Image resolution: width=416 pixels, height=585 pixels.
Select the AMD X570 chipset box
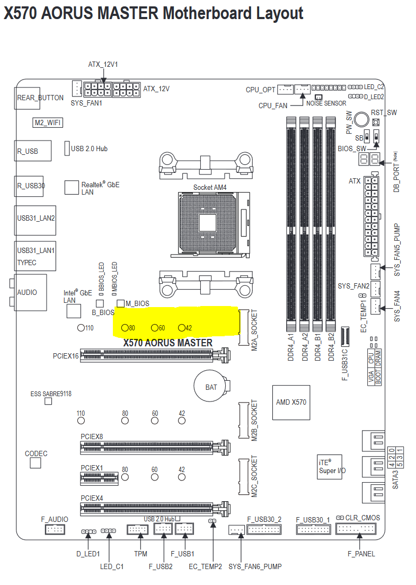pyautogui.click(x=291, y=403)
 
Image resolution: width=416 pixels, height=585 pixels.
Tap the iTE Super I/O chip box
pyautogui.click(x=330, y=467)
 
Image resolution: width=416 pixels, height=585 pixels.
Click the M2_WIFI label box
pyautogui.click(x=48, y=123)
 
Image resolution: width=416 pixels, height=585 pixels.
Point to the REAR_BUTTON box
pyautogui.click(x=27, y=98)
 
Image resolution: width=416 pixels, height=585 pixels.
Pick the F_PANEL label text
pyautogui.click(x=361, y=554)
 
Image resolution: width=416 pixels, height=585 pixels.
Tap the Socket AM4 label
pyautogui.click(x=210, y=187)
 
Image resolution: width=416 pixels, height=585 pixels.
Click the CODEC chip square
pyautogui.click(x=36, y=463)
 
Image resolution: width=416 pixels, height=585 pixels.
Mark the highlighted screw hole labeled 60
pyautogui.click(x=155, y=328)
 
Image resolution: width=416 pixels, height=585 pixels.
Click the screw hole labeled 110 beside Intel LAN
pyautogui.click(x=81, y=328)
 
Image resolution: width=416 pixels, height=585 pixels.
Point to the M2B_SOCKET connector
pyautogui.click(x=243, y=420)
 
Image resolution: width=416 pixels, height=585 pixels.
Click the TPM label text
pyautogui.click(x=140, y=554)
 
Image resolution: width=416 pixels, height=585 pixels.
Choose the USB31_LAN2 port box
pyautogui.click(x=36, y=221)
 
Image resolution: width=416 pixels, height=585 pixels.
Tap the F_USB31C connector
pyautogui.click(x=345, y=336)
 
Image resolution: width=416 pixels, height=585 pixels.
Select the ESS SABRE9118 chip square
pyautogui.click(x=48, y=401)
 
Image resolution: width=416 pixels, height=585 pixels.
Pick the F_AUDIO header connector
pyautogui.click(x=55, y=529)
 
